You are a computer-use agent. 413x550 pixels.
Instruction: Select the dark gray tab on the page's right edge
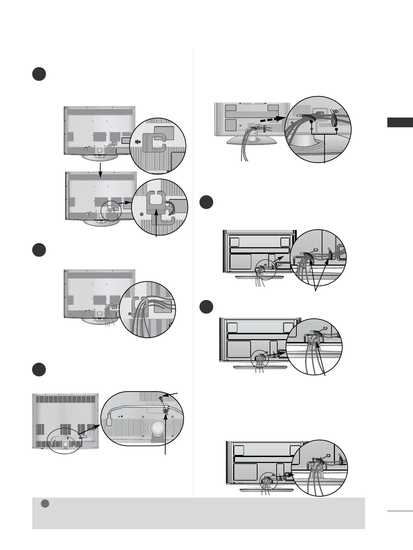[x=400, y=122]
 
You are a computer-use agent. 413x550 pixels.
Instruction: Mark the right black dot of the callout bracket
[x=337, y=129]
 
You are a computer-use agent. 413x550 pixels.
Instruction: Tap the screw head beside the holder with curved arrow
[x=142, y=214]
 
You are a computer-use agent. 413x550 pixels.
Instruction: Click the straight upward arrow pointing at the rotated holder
[x=157, y=224]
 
